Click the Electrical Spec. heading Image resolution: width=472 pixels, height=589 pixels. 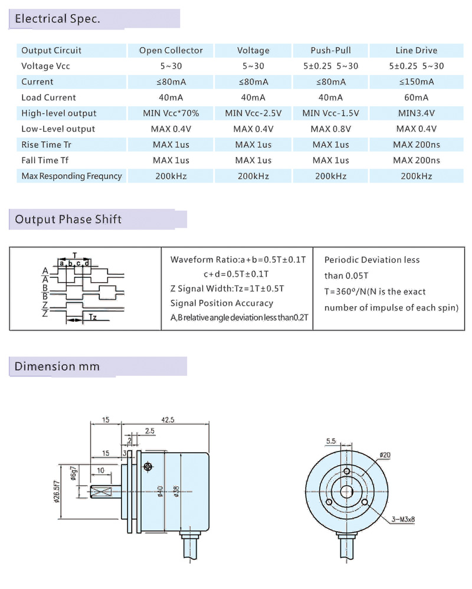(x=57, y=19)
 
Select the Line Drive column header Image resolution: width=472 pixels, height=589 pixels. (x=417, y=50)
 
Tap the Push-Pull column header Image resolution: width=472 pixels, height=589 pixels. (x=330, y=50)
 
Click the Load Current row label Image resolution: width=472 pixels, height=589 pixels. (x=48, y=97)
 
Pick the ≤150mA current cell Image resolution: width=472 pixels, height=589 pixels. (x=417, y=81)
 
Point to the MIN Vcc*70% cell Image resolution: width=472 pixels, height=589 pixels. (x=171, y=113)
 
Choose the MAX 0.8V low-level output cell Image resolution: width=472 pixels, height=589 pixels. (x=330, y=129)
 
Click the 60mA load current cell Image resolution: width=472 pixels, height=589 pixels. (x=417, y=97)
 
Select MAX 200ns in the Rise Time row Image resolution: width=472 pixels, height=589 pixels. (x=417, y=145)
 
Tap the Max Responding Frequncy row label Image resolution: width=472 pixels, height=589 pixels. (x=71, y=176)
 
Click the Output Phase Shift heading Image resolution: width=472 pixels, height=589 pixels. (x=68, y=220)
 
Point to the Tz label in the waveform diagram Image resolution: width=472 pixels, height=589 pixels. (x=93, y=317)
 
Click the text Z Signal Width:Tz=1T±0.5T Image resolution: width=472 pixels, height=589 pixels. (x=227, y=289)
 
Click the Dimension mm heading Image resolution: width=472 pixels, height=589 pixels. (x=57, y=366)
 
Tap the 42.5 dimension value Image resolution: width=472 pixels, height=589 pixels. (x=168, y=420)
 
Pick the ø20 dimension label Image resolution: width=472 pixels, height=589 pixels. (x=385, y=455)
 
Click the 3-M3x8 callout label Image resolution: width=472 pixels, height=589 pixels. (x=404, y=519)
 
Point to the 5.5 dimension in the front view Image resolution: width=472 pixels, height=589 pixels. (x=330, y=441)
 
